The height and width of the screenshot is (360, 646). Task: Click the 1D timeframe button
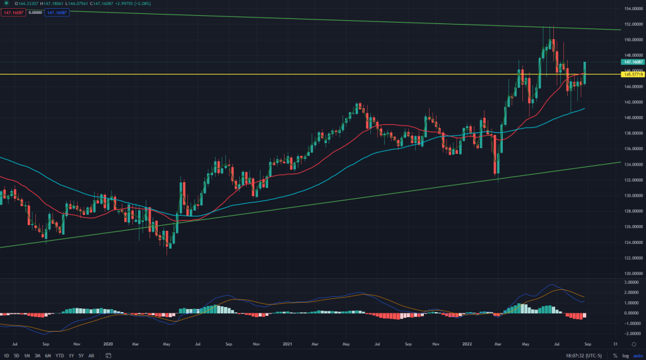click(6, 356)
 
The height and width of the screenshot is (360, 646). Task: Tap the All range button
click(91, 356)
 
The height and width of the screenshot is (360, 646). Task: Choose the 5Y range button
click(81, 356)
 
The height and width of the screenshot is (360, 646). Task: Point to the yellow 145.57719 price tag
click(632, 74)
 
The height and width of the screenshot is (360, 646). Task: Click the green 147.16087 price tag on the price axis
click(632, 62)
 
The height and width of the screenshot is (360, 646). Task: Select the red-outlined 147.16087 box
click(13, 13)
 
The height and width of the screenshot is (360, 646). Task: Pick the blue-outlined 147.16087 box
click(57, 13)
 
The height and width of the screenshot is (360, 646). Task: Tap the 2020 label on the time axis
click(107, 345)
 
